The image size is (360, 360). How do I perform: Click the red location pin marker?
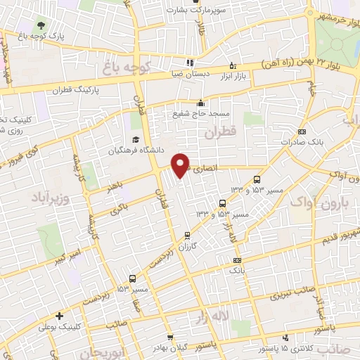pos(181,164)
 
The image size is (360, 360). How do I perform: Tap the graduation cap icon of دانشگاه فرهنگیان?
pos(134,139)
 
